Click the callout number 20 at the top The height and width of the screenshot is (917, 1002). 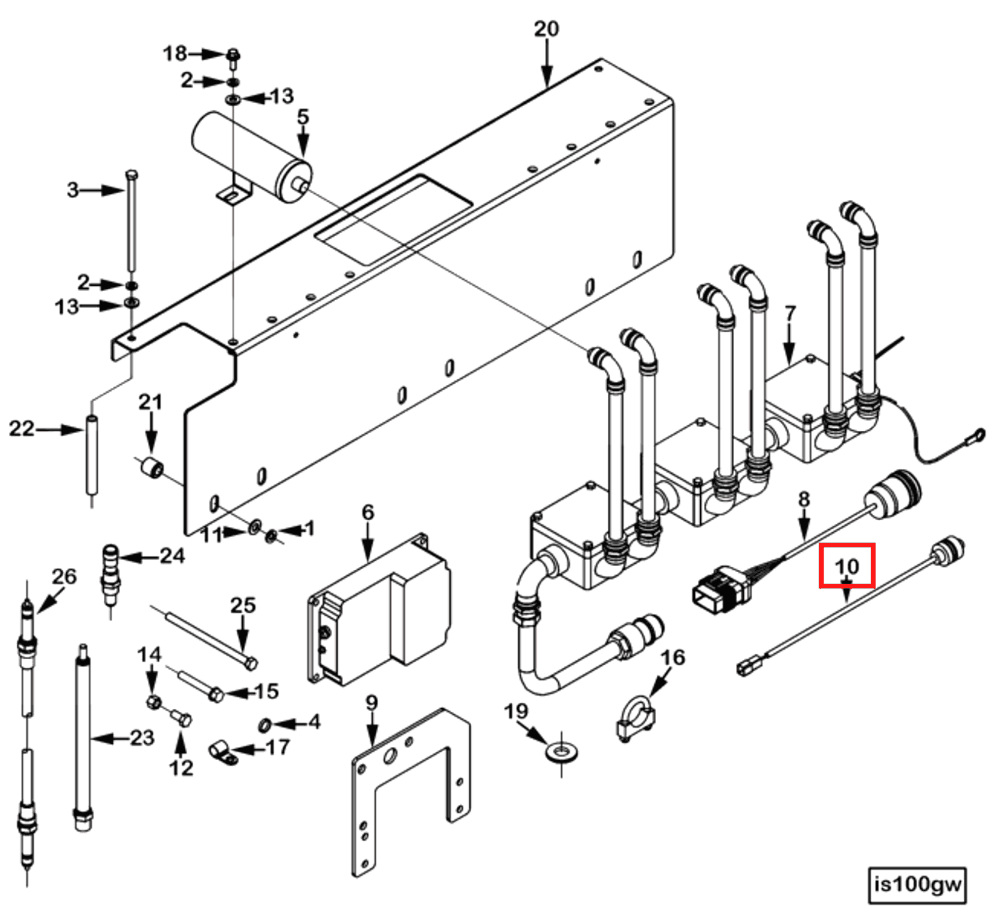click(x=546, y=29)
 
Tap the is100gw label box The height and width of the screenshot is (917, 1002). click(x=917, y=884)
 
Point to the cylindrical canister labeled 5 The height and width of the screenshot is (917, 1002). click(x=250, y=152)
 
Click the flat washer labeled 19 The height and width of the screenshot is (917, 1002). click(x=561, y=748)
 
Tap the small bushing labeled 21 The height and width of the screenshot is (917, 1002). click(x=152, y=468)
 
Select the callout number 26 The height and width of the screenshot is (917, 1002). click(x=64, y=577)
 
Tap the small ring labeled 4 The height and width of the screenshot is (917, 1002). click(x=265, y=725)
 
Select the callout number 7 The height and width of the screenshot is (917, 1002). click(x=790, y=313)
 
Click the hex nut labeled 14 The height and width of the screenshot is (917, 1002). click(x=153, y=701)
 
